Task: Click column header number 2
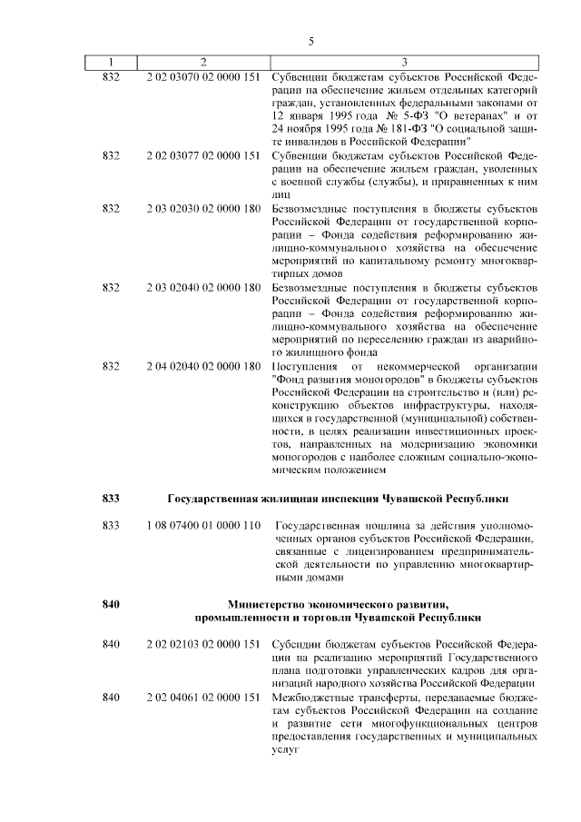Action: [203, 62]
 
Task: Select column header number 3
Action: [403, 62]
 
